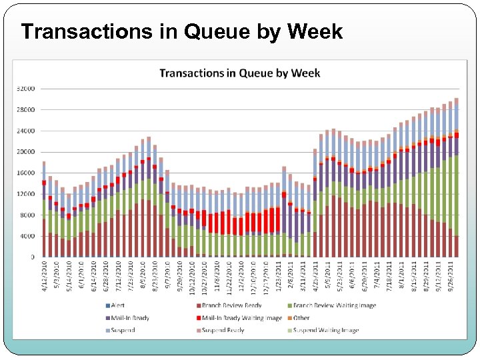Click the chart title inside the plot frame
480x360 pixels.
click(x=239, y=73)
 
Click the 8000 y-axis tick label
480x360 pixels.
click(x=27, y=215)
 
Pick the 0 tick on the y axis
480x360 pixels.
click(x=33, y=257)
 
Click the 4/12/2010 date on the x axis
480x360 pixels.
click(x=44, y=273)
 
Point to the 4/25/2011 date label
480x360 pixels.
click(x=315, y=273)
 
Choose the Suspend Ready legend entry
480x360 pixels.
click(x=222, y=330)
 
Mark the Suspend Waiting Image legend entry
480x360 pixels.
click(x=325, y=330)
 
